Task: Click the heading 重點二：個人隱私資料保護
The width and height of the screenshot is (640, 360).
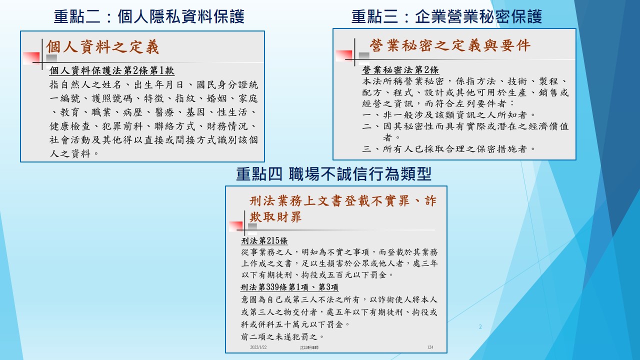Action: pos(149,16)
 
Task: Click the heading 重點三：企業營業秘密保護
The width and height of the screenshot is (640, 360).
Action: pos(446,16)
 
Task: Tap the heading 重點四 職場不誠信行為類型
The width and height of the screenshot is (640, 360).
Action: pos(333,174)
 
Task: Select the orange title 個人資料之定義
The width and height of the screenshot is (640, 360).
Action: pos(102,47)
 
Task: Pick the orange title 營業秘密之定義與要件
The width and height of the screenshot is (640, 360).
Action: pos(450,45)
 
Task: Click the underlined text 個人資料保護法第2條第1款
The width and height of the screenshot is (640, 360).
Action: pos(111,70)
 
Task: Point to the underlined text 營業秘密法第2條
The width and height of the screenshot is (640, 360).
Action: pos(400,69)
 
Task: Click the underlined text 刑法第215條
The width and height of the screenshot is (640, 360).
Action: pos(264,241)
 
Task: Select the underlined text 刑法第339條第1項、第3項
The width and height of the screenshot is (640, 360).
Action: pos(289,287)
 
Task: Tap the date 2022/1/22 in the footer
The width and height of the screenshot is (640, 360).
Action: pos(258,347)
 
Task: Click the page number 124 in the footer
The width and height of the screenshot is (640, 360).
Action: pos(430,347)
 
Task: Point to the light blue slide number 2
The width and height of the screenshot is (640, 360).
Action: pos(480,327)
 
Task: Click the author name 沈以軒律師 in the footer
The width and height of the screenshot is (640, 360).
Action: pos(309,347)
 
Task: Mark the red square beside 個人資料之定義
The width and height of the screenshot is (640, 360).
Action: pos(31,58)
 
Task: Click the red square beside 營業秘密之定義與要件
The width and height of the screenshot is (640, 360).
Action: pos(344,55)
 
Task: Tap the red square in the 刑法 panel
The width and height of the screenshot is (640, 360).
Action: pos(236,226)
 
